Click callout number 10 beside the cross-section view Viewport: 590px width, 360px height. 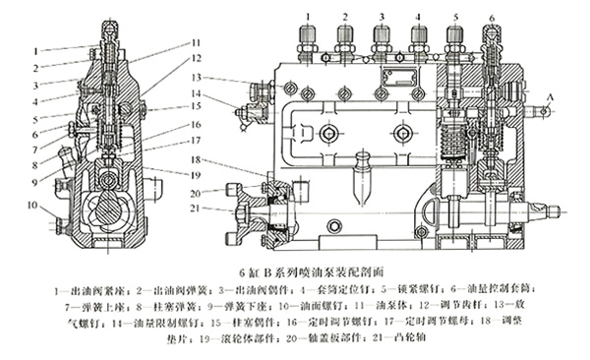click(x=31, y=206)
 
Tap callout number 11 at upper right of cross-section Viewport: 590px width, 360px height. click(x=197, y=43)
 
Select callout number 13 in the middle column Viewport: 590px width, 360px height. click(x=197, y=77)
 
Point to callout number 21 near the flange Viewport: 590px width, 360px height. click(x=197, y=209)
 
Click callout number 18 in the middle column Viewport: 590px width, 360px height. click(x=197, y=158)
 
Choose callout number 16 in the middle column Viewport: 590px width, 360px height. click(x=197, y=124)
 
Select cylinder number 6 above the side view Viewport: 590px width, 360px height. click(x=492, y=18)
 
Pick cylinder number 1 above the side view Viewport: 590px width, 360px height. click(x=308, y=17)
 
